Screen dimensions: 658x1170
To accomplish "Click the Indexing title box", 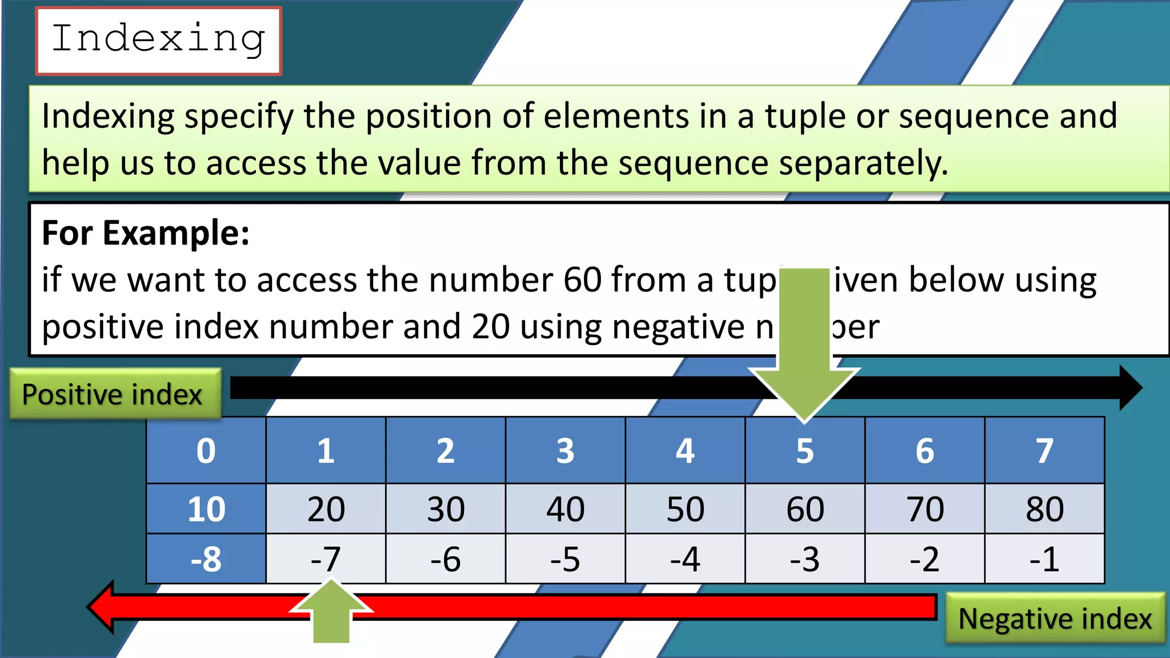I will pyautogui.click(x=158, y=41).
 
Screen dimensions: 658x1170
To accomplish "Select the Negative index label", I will pyautogui.click(x=1055, y=619).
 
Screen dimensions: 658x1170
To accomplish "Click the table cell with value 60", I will pyautogui.click(x=805, y=508).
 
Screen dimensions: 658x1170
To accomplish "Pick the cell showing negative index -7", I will pyautogui.click(x=326, y=559).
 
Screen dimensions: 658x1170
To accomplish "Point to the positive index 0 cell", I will pyautogui.click(x=206, y=451).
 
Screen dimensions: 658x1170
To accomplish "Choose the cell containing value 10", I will pyautogui.click(x=206, y=508).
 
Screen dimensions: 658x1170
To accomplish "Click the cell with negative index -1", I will pyautogui.click(x=1044, y=559).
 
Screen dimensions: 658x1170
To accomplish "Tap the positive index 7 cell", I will pyautogui.click(x=1044, y=451).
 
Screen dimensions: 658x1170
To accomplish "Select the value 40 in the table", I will pyautogui.click(x=566, y=508).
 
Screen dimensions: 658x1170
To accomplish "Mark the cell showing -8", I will pyautogui.click(x=206, y=559).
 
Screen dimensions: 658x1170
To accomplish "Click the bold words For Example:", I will pyautogui.click(x=146, y=233).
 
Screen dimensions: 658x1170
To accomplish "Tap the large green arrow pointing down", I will pyautogui.click(x=804, y=354).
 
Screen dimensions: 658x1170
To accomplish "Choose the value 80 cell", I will pyautogui.click(x=1044, y=508).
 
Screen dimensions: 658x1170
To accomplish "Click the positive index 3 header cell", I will pyautogui.click(x=566, y=451).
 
